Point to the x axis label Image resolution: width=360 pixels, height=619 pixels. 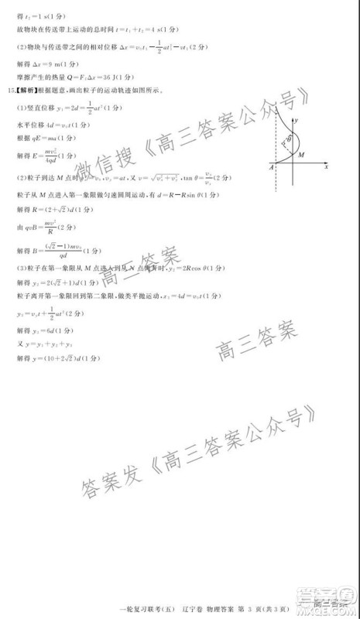point(327,166)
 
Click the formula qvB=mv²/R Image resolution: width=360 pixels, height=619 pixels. point(43,229)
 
